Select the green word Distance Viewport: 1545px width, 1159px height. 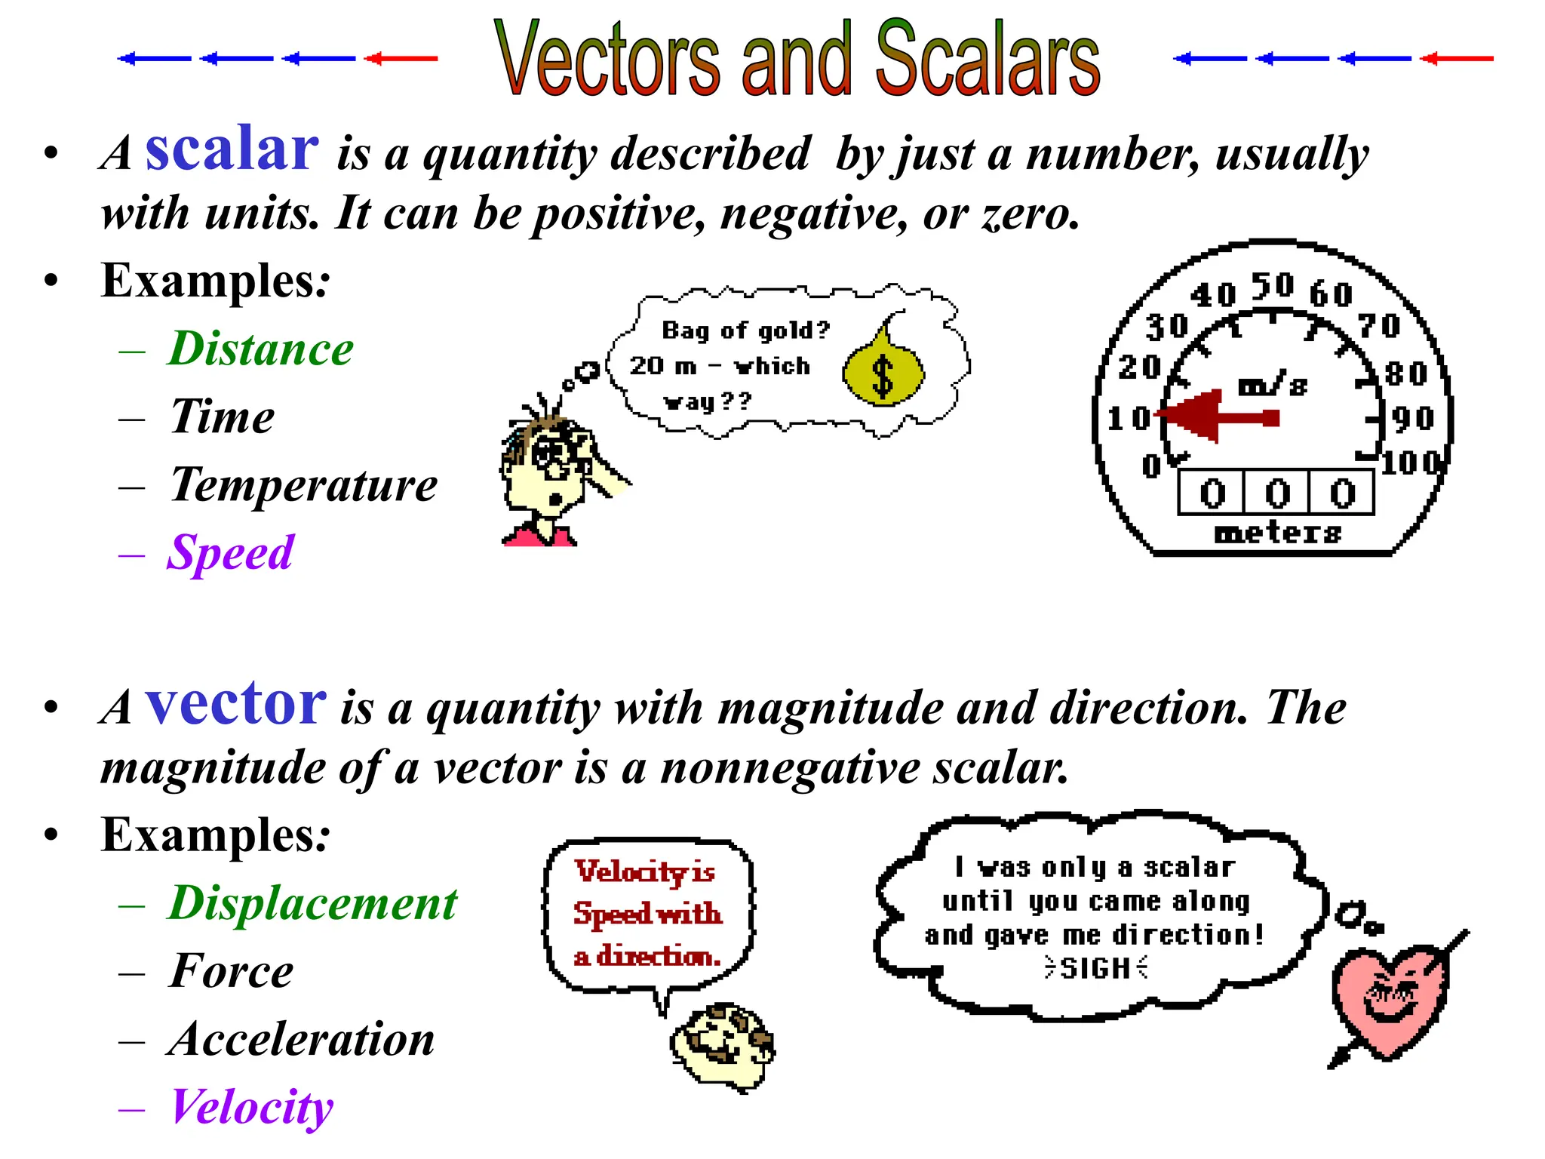pos(260,349)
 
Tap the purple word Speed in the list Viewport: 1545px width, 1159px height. pos(230,552)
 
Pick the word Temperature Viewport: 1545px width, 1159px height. pos(303,484)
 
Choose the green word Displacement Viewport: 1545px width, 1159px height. pos(312,902)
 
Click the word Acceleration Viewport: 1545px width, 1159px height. pos(302,1039)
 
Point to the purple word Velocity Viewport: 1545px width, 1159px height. pos(252,1107)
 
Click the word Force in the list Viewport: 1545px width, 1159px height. pos(232,971)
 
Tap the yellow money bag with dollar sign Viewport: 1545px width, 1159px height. pos(883,370)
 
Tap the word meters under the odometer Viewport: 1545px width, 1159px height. pos(1278,533)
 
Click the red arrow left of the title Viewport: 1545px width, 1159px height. pos(401,58)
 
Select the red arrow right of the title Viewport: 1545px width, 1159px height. pos(1456,58)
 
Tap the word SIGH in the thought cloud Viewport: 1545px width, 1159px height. pos(1095,968)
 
